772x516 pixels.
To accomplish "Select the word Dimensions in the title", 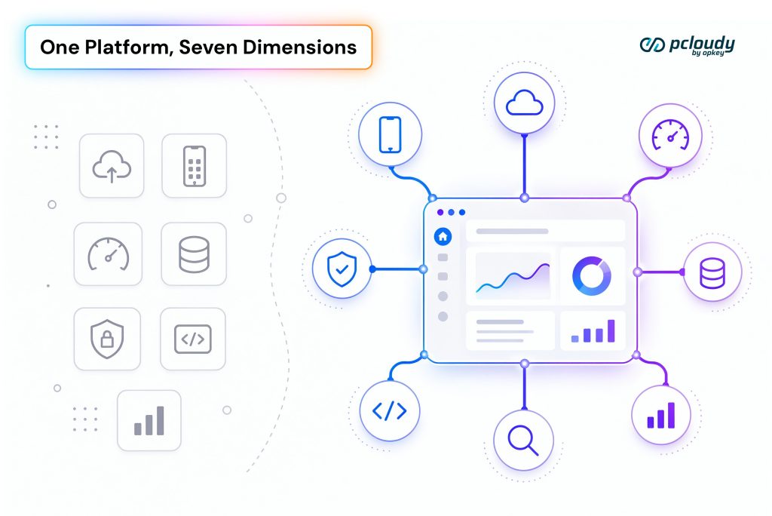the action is pyautogui.click(x=299, y=48).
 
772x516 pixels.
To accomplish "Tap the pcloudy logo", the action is pyautogui.click(x=688, y=46).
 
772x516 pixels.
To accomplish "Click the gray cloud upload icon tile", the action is pyautogui.click(x=112, y=166).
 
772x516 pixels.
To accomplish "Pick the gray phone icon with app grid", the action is pyautogui.click(x=195, y=166).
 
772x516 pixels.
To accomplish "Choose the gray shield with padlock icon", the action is pyautogui.click(x=107, y=339).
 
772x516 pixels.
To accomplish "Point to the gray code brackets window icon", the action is pyautogui.click(x=193, y=339).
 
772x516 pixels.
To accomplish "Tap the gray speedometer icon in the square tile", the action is pyautogui.click(x=109, y=253).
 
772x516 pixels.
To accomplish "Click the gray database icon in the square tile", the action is pyautogui.click(x=194, y=254).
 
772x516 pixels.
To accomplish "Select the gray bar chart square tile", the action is pyautogui.click(x=149, y=420).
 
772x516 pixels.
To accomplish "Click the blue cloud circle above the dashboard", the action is pyautogui.click(x=525, y=103).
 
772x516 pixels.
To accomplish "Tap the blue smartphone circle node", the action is pyautogui.click(x=390, y=134).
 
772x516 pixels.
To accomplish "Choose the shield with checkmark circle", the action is pyautogui.click(x=342, y=269).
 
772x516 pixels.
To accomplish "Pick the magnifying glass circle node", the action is pyautogui.click(x=523, y=440).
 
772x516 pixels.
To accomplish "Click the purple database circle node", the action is pyautogui.click(x=712, y=272).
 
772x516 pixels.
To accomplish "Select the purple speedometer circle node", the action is pyautogui.click(x=670, y=135).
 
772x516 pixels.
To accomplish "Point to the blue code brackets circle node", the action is pyautogui.click(x=390, y=410).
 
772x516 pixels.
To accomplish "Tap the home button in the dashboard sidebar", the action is pyautogui.click(x=443, y=237).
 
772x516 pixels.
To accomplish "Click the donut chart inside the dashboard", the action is pyautogui.click(x=592, y=276).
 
